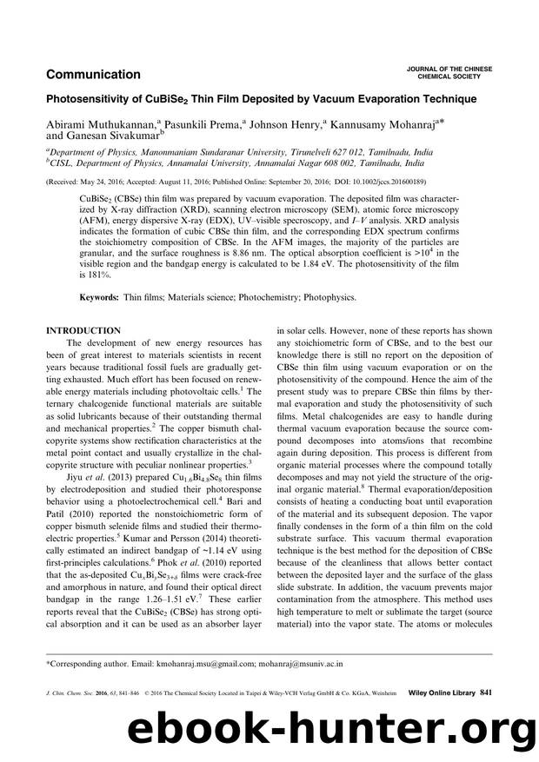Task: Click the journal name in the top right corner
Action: click(450, 72)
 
